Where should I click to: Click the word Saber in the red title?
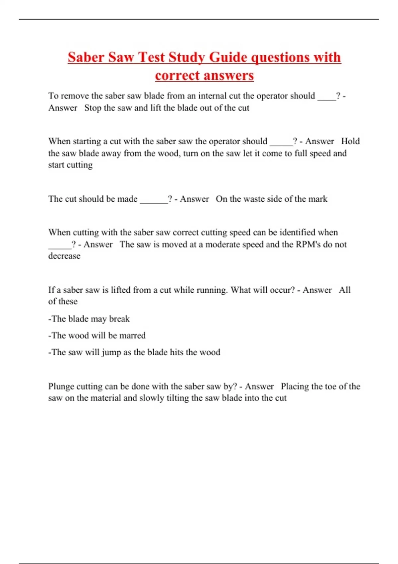[86, 57]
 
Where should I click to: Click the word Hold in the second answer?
[350, 141]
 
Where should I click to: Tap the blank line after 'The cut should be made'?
[154, 199]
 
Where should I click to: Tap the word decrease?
[64, 256]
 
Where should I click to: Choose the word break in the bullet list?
[119, 319]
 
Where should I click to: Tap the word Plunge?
[61, 387]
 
